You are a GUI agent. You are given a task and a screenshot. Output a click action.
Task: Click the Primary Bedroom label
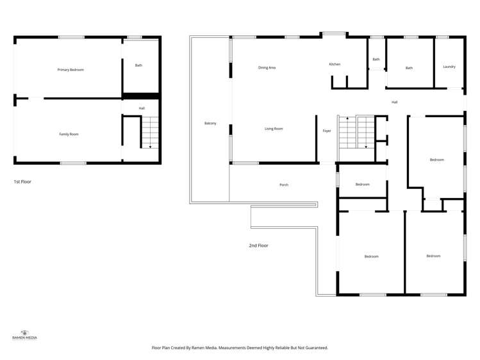pos(70,70)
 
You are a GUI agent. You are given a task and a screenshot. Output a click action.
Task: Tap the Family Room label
pos(69,134)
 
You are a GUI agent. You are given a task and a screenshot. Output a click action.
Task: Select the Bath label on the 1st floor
pos(138,65)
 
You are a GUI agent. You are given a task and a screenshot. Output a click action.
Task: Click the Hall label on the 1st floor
pos(142,108)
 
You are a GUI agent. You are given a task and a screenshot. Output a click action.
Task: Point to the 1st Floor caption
pos(22,182)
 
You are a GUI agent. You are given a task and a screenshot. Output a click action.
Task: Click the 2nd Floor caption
pos(258,245)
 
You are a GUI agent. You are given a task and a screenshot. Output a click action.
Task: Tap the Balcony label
pos(210,123)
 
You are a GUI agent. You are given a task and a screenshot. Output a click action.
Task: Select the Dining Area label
pos(267,67)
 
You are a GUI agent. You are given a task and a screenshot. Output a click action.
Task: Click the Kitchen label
pos(335,65)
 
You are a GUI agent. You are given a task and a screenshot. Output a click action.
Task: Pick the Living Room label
pos(274,129)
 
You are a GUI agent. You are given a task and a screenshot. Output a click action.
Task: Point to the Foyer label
pos(327,131)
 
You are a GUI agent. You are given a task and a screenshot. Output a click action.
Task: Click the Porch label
pos(284,185)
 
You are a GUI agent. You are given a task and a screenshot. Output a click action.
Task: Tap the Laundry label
pos(449,67)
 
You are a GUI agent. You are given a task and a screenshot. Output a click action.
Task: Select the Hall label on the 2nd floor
pos(395,102)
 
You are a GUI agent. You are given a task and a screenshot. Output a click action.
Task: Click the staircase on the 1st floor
pos(149,133)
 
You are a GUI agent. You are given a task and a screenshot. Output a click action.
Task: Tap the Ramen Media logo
pos(24,334)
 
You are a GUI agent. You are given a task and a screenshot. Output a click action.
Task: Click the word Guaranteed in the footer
pos(315,348)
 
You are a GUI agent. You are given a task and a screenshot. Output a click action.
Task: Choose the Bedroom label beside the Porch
pos(363,184)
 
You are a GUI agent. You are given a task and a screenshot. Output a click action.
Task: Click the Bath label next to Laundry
pos(409,68)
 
